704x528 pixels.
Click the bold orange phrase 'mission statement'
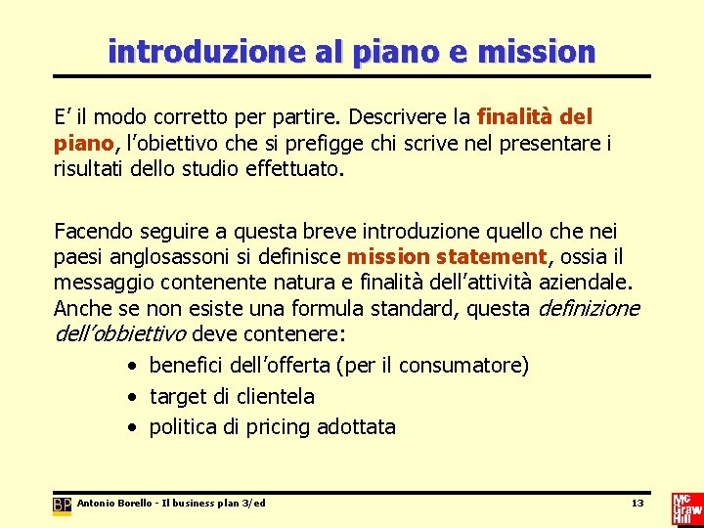pyautogui.click(x=448, y=257)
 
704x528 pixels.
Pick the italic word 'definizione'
pyautogui.click(x=589, y=309)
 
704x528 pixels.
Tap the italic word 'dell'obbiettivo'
pyautogui.click(x=120, y=334)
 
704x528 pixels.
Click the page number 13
pyautogui.click(x=637, y=504)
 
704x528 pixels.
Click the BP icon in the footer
pyautogui.click(x=62, y=506)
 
